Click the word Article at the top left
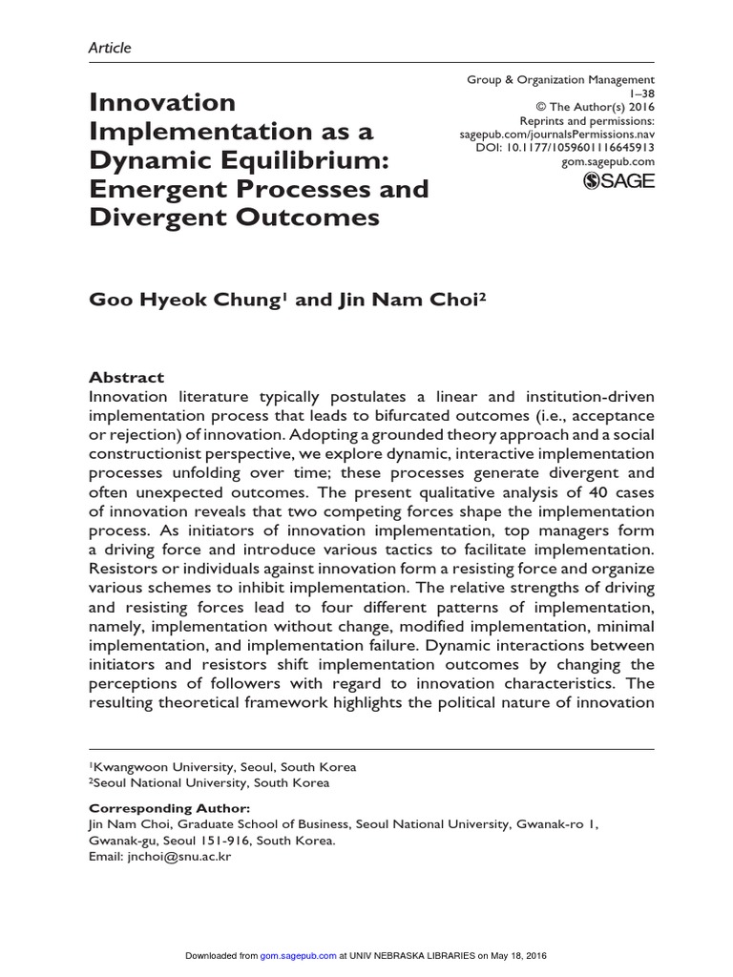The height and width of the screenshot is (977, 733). tap(110, 47)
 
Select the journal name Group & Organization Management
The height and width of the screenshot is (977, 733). tap(561, 79)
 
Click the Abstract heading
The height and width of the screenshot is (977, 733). tap(126, 377)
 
